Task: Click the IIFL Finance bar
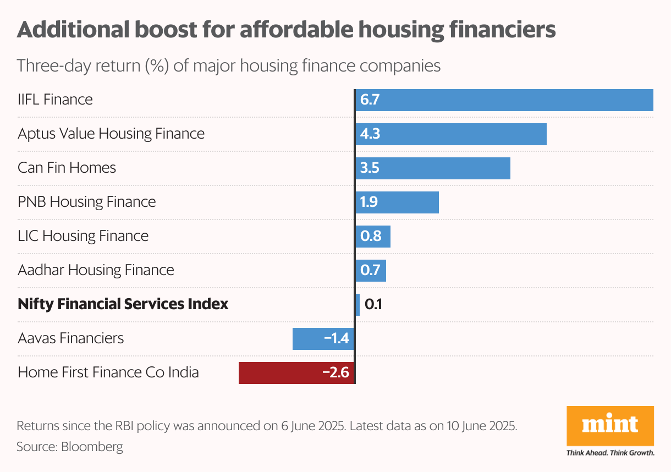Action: click(504, 100)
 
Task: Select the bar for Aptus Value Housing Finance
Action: click(451, 134)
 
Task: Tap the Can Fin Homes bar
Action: click(433, 168)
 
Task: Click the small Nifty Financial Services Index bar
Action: click(358, 304)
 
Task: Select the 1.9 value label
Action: click(369, 202)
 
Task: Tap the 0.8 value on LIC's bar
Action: click(371, 237)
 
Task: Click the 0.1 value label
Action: click(374, 304)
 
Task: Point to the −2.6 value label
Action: click(335, 372)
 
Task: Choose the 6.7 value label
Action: click(370, 100)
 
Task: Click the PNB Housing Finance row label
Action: click(86, 202)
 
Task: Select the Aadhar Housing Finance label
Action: click(96, 270)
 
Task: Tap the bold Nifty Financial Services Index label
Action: click(123, 304)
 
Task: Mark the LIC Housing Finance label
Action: click(83, 236)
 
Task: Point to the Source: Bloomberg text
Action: click(70, 446)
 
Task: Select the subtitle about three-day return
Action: click(229, 66)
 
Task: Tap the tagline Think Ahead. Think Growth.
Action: click(610, 453)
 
